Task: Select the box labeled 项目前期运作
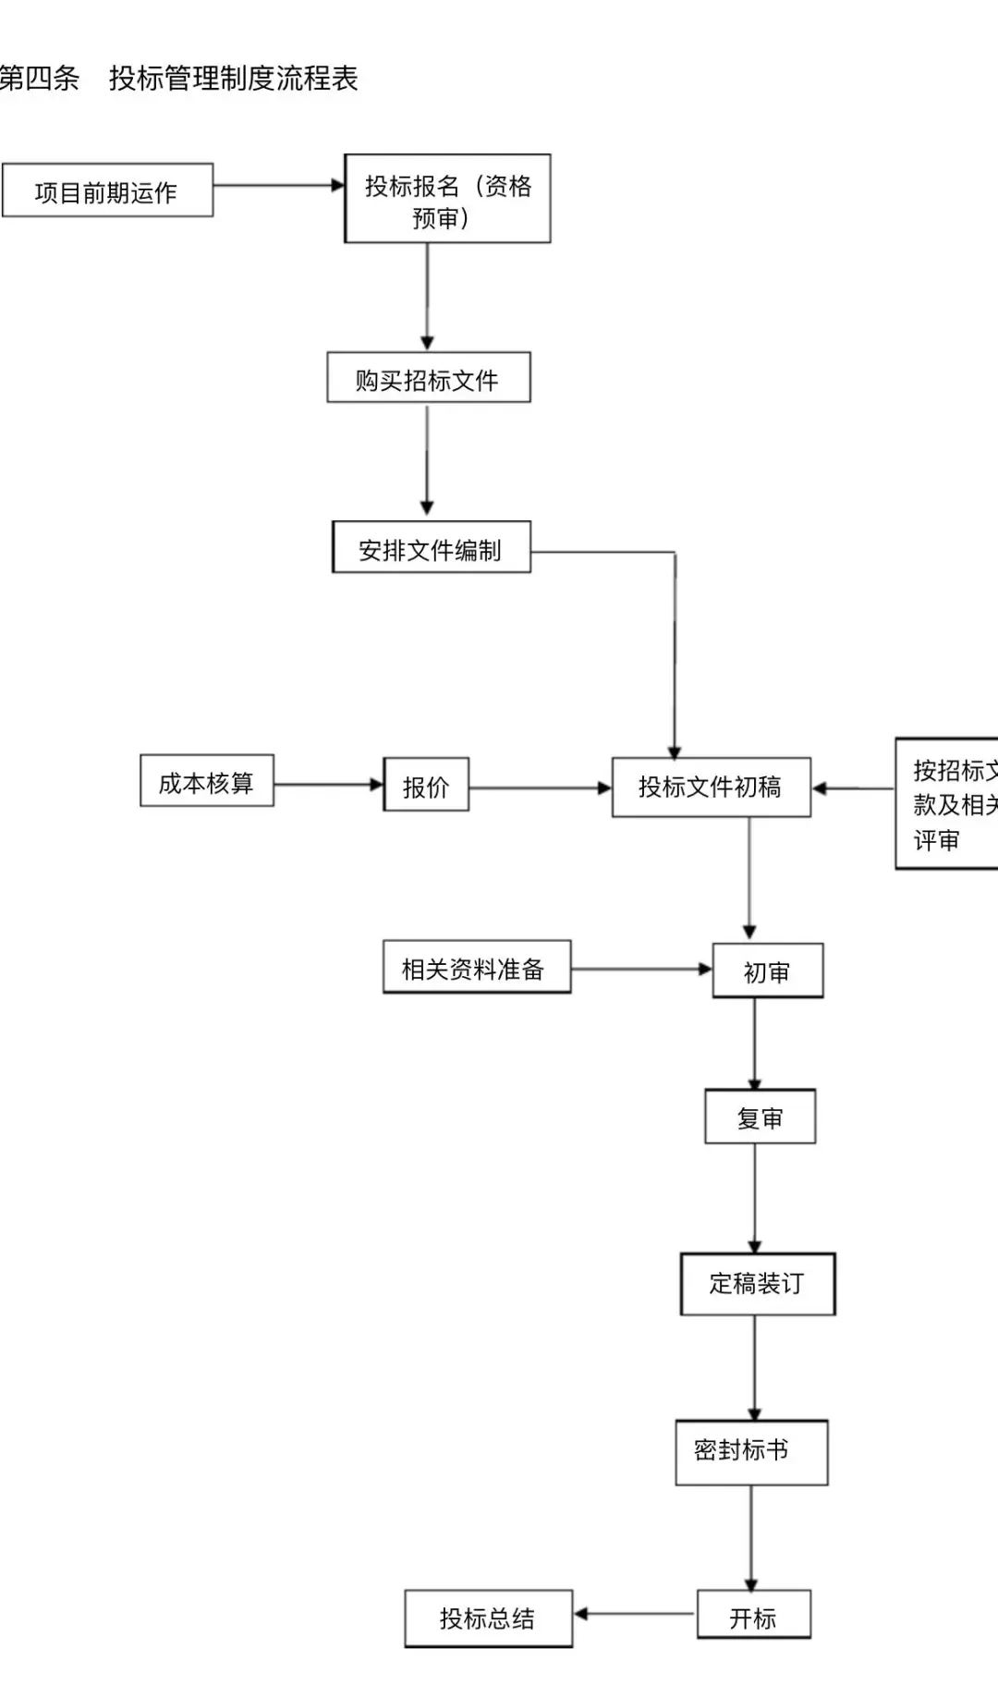tap(107, 191)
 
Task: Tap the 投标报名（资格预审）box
tap(447, 200)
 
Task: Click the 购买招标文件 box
tap(428, 378)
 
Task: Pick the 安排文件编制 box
tap(431, 548)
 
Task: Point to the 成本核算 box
tap(206, 782)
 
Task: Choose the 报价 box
tap(426, 786)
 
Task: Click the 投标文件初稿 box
tap(711, 787)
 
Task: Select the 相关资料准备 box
tap(476, 968)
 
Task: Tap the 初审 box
tap(767, 971)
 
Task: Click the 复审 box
tap(760, 1117)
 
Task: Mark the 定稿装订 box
tap(757, 1284)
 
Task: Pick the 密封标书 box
tap(750, 1452)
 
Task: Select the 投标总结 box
tap(488, 1618)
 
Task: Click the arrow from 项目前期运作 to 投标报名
tap(278, 186)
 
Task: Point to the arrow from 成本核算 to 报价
tap(328, 785)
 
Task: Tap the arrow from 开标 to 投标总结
tap(634, 1615)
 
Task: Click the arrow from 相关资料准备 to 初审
tap(640, 969)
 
